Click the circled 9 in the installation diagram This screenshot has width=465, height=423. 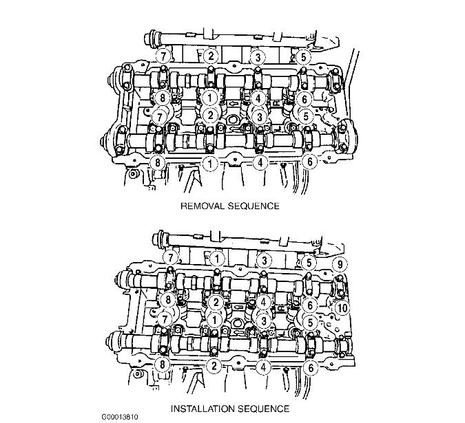[x=340, y=263]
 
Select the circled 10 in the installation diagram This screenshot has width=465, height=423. [x=342, y=308]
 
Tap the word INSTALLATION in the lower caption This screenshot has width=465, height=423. [x=203, y=409]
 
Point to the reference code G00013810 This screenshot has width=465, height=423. [x=120, y=417]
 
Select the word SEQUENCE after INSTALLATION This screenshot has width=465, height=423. [x=264, y=409]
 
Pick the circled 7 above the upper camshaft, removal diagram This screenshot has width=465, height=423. [x=163, y=56]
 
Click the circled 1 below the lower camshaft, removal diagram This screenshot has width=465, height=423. [x=210, y=163]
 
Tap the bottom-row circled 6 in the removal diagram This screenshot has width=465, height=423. [x=310, y=162]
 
